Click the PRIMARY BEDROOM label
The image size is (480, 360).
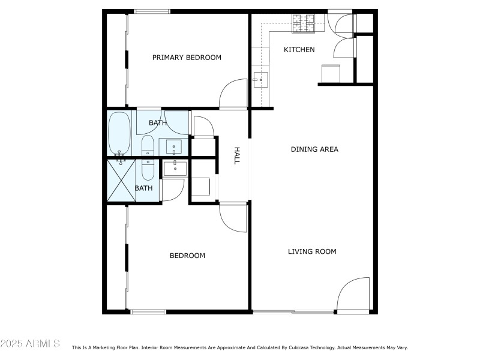pos(187,58)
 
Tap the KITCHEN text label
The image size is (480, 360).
pos(299,49)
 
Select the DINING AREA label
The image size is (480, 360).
pos(314,149)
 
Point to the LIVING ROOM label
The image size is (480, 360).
pos(312,251)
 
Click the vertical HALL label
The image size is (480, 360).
pos(236,156)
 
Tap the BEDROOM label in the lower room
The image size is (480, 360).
pos(187,256)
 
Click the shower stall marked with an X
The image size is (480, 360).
pos(122,180)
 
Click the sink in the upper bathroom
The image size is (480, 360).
pos(174,146)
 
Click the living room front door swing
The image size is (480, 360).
pos(354,295)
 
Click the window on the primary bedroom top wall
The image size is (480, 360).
pos(152,11)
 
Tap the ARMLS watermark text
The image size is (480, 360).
pos(30,344)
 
